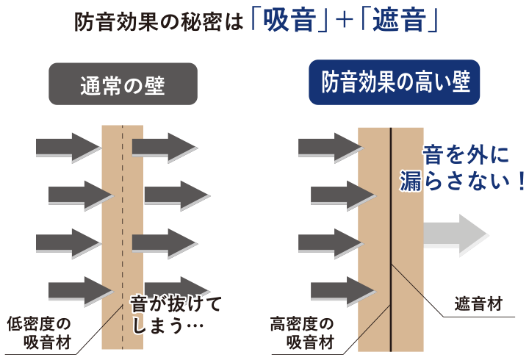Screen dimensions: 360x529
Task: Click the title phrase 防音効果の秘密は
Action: click(x=159, y=22)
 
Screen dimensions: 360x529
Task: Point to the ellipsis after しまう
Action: click(x=194, y=324)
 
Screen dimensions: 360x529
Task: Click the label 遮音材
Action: click(x=477, y=304)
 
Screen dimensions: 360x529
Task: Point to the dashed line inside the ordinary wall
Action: click(x=123, y=220)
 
